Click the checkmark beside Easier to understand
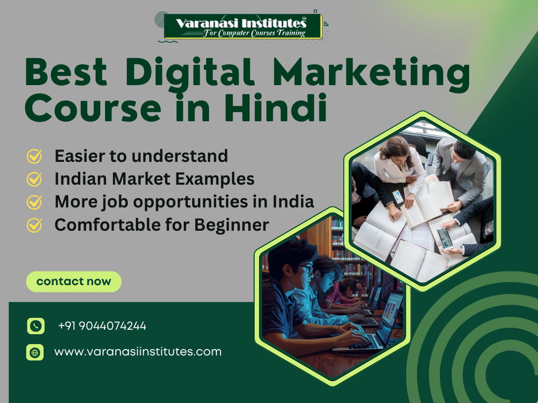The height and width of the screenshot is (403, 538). [34, 156]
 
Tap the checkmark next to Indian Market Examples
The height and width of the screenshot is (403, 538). [34, 179]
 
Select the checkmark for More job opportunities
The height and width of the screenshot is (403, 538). [34, 202]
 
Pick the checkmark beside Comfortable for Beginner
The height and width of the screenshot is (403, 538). [34, 225]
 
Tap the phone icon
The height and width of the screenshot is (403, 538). [35, 326]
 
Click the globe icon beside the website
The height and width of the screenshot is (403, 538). [35, 353]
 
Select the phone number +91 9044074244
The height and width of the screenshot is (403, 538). [102, 326]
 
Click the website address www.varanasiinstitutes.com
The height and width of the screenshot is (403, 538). [138, 352]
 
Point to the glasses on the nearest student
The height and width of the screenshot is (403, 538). [306, 268]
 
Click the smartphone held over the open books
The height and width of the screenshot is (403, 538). [444, 238]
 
